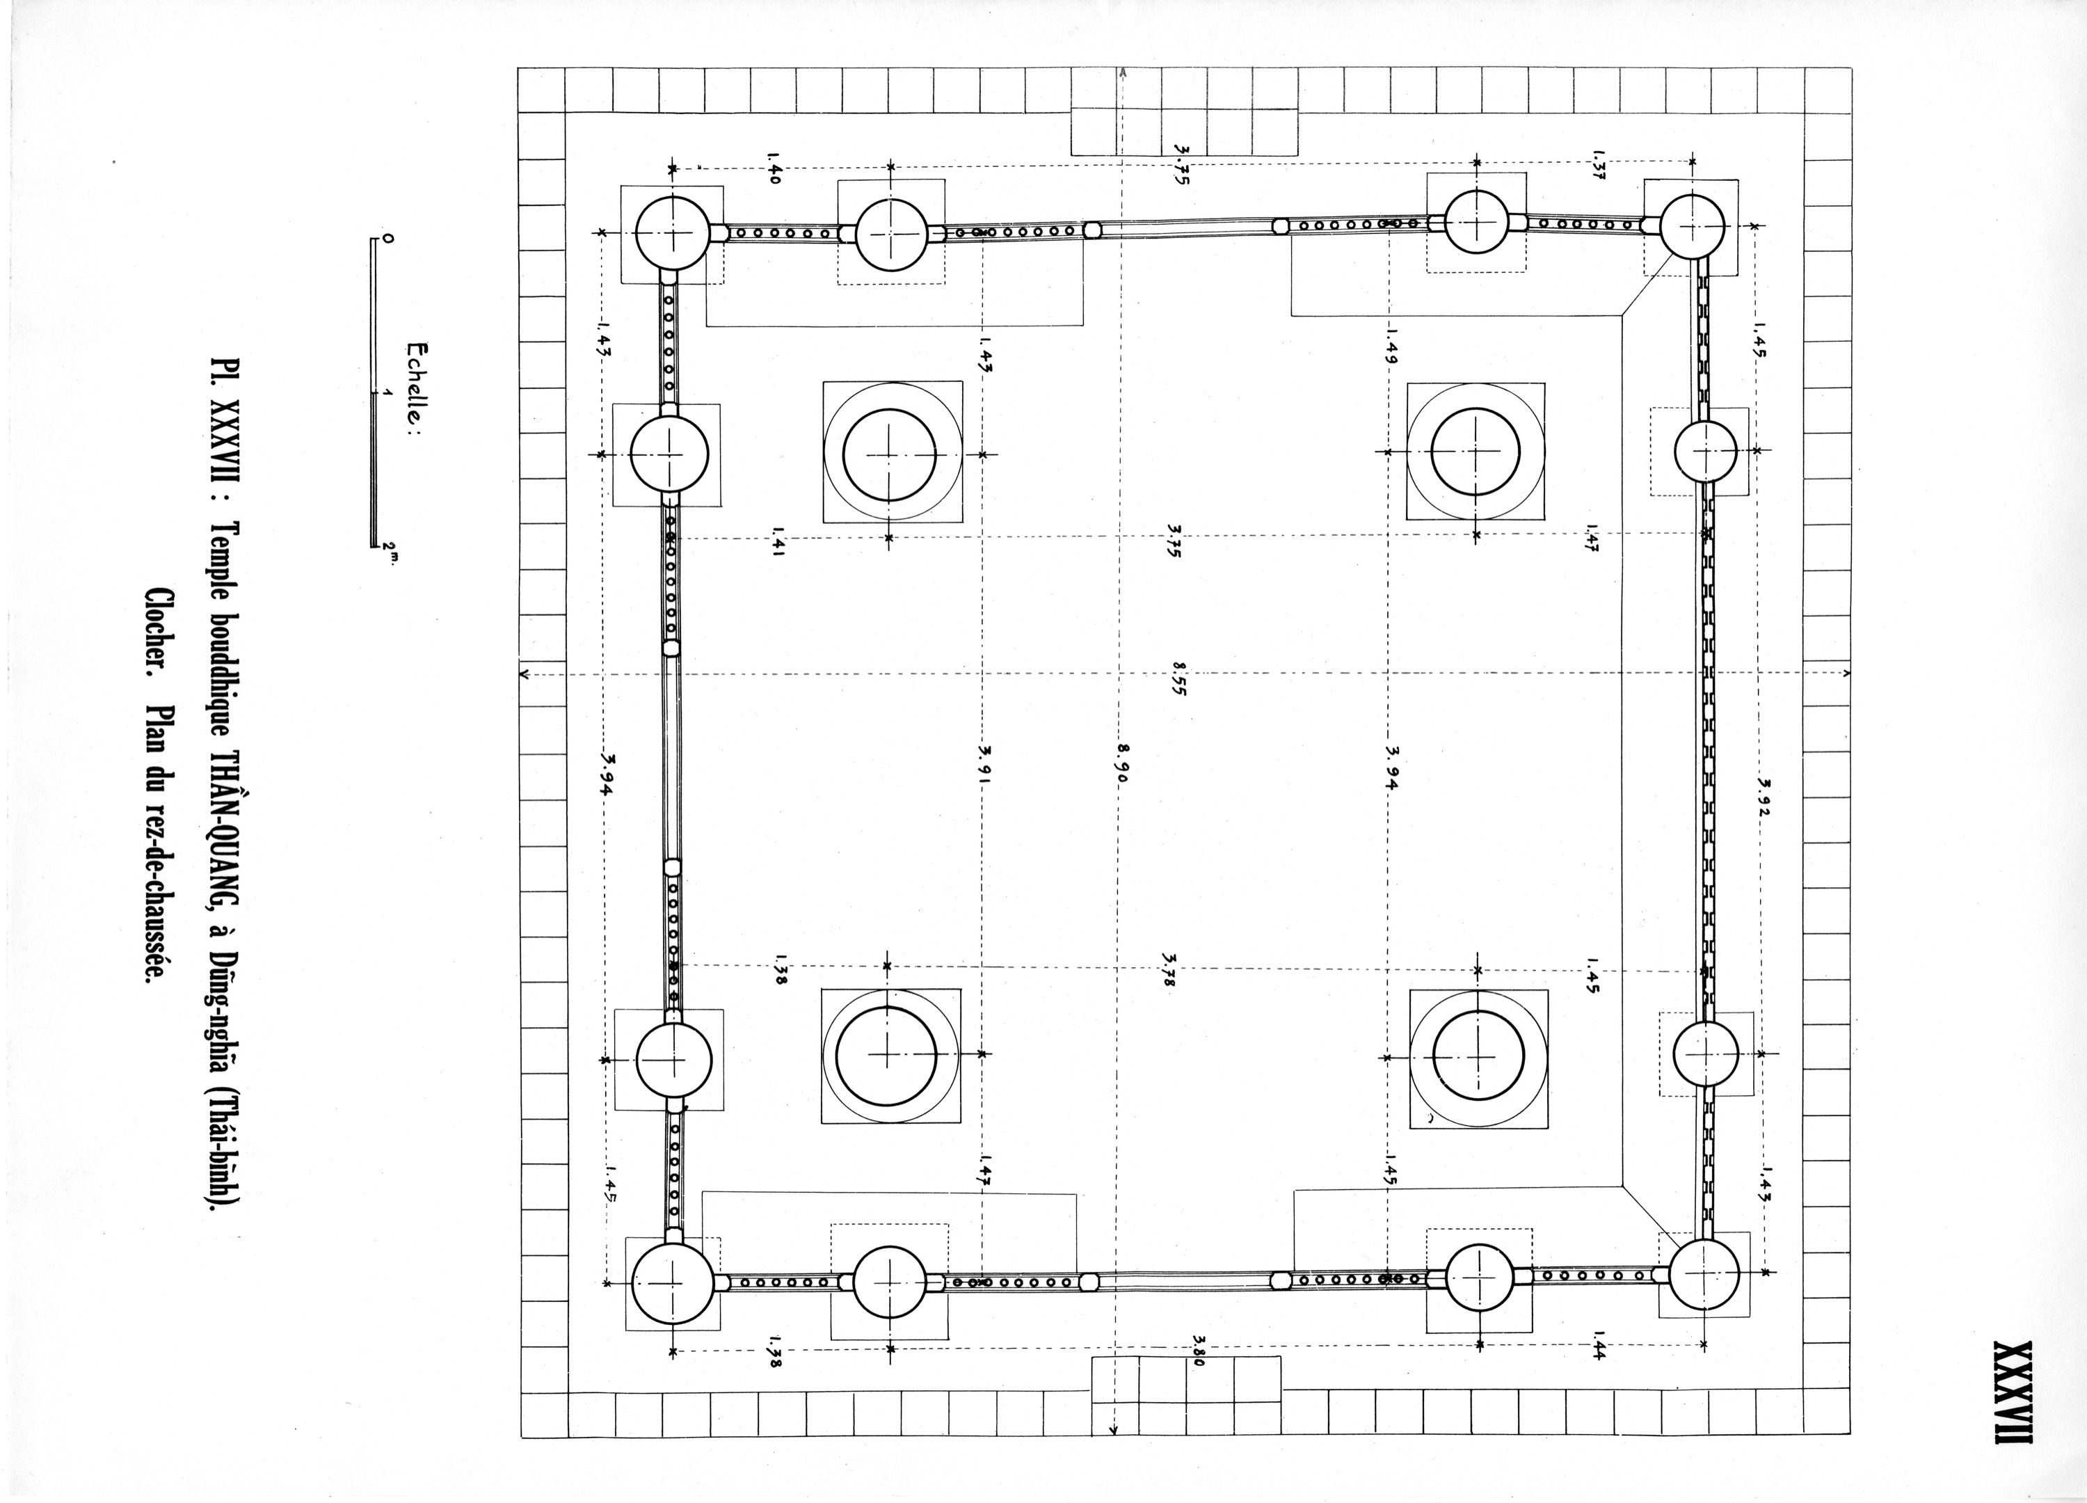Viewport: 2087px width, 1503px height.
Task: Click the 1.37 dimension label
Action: [1599, 166]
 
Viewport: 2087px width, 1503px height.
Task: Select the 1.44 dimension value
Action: [1599, 1346]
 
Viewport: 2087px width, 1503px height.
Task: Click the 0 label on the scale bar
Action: [387, 239]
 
